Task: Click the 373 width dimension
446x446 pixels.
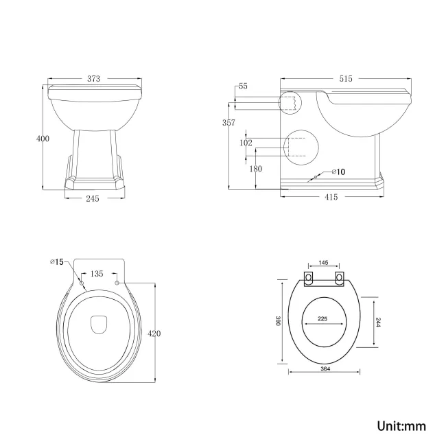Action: coord(93,79)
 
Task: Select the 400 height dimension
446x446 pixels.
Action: coord(43,139)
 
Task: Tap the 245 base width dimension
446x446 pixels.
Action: coord(93,198)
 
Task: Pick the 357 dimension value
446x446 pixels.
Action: coord(229,123)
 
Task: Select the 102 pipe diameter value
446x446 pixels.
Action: coord(246,143)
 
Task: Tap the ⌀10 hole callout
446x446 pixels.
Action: coord(338,172)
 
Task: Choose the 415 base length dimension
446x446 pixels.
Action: coord(331,198)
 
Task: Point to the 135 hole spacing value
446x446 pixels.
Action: coord(97,274)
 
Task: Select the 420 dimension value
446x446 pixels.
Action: coord(154,333)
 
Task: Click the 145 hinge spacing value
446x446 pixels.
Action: coord(324,263)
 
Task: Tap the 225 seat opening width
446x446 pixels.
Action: coord(322,318)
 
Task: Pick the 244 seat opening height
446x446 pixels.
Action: coord(377,322)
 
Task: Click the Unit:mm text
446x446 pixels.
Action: coord(401,426)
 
